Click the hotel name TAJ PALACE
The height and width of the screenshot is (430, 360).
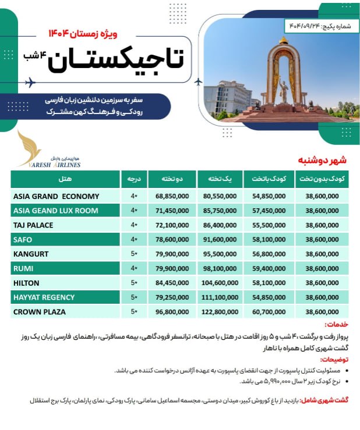click(x=33, y=225)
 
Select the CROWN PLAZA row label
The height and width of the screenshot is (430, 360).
click(x=39, y=312)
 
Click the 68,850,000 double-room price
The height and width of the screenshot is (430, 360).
click(x=172, y=196)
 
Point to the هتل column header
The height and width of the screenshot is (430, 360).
click(x=65, y=178)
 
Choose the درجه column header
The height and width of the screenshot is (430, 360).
click(x=134, y=178)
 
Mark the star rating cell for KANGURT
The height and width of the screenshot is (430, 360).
click(x=134, y=254)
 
